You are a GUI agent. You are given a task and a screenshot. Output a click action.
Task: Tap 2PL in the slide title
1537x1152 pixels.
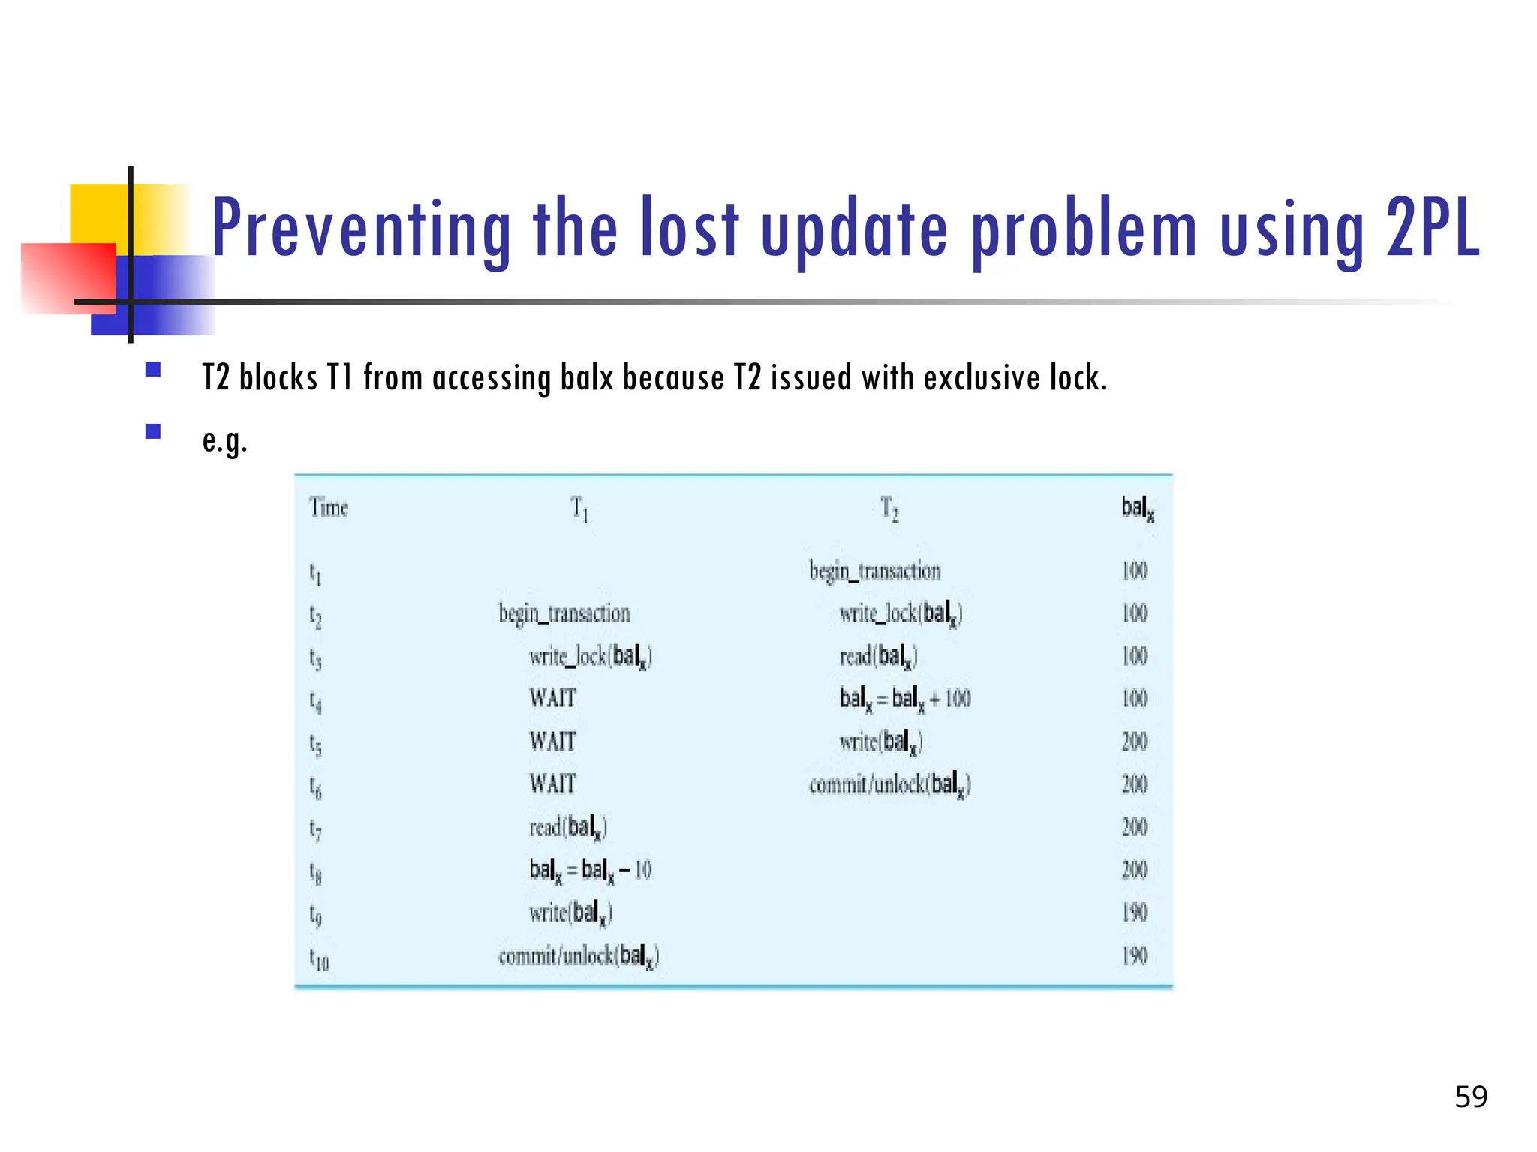click(1432, 227)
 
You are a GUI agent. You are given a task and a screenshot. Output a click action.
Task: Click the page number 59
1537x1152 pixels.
click(1470, 1097)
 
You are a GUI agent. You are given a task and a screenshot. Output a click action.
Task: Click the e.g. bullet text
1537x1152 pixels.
click(224, 440)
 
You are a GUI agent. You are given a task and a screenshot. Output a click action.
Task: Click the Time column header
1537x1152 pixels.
click(329, 508)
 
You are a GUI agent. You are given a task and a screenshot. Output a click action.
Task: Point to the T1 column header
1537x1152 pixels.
click(579, 508)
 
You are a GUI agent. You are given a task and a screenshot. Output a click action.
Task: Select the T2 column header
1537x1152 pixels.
click(889, 508)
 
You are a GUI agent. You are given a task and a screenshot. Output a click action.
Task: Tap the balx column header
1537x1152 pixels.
click(1137, 508)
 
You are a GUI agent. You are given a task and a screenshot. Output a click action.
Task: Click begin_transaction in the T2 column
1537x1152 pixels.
click(874, 571)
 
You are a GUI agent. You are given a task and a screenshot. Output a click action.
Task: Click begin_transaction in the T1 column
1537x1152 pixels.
click(564, 614)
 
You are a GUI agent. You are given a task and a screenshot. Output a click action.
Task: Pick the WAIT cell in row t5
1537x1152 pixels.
click(552, 742)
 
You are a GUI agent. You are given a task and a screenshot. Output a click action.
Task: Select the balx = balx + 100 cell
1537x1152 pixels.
click(904, 699)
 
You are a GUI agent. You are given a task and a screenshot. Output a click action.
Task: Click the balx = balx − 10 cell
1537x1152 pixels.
click(590, 870)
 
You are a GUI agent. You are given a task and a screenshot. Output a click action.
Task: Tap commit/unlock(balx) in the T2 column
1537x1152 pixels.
click(889, 784)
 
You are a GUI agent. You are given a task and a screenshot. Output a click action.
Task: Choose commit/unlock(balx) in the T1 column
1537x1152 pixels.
click(579, 956)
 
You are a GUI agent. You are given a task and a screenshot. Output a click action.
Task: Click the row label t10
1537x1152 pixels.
click(319, 958)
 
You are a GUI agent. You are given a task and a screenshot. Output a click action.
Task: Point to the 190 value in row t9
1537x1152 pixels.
click(1134, 913)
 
